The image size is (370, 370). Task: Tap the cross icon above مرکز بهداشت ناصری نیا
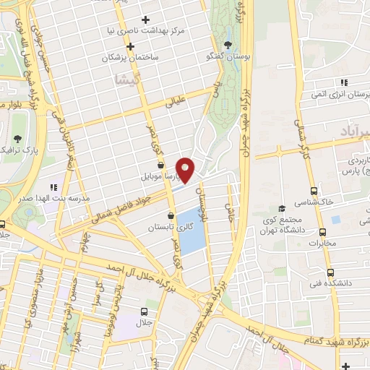click(x=147, y=20)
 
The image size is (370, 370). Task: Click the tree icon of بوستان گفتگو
click(x=228, y=44)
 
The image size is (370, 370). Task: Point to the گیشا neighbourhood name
click(x=126, y=81)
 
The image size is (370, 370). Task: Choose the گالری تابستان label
click(x=168, y=227)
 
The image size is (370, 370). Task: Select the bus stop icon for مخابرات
click(x=322, y=231)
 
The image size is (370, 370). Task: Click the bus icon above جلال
click(x=143, y=311)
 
